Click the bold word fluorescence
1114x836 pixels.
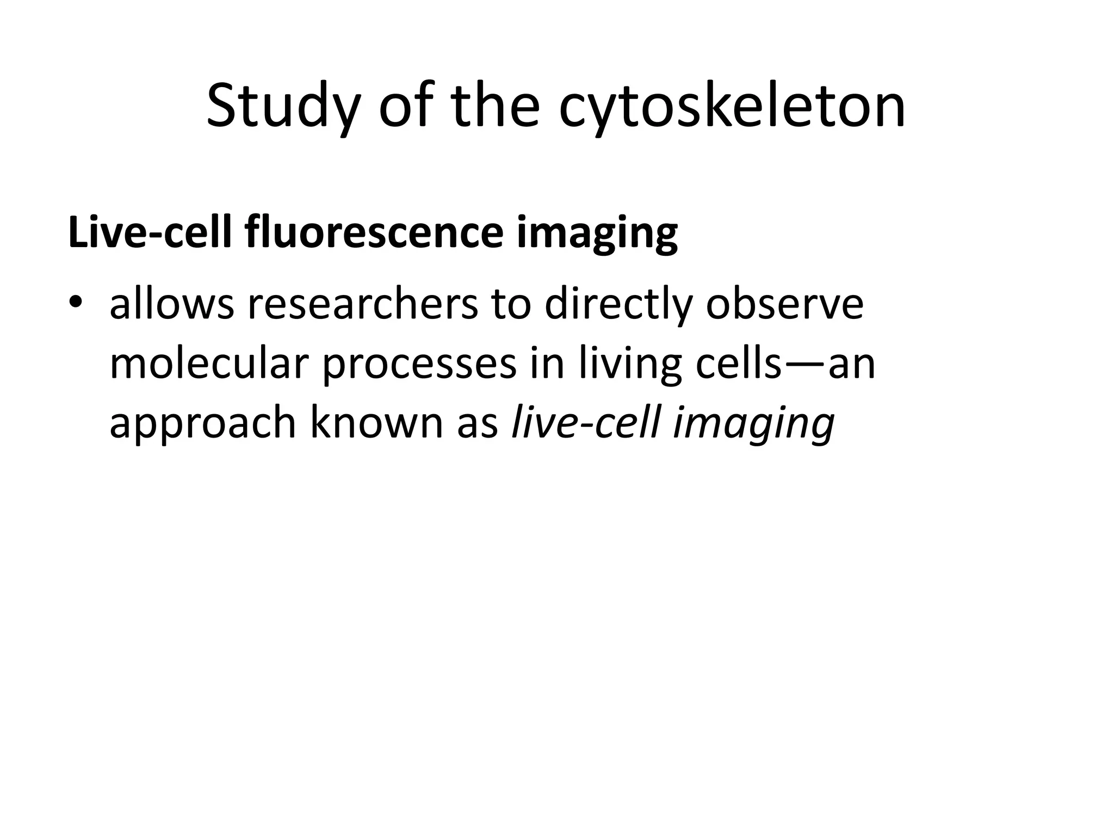374,233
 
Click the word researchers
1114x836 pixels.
363,305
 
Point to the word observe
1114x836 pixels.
784,305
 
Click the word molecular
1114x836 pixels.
209,364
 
